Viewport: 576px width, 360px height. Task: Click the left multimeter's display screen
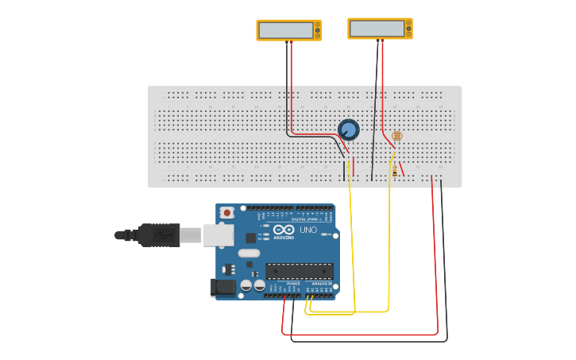point(285,30)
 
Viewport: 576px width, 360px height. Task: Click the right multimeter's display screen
point(377,29)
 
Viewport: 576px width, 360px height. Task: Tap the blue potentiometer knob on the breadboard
point(348,130)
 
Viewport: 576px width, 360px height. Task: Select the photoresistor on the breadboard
point(396,137)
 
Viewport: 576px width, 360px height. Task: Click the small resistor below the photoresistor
point(395,169)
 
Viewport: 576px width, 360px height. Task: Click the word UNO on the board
point(308,230)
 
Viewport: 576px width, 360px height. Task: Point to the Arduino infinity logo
point(283,230)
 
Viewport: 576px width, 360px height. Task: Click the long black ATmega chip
point(299,271)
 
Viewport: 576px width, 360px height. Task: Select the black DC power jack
point(222,288)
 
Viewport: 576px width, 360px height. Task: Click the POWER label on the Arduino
point(293,284)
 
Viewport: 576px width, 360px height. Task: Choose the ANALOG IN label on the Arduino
point(321,284)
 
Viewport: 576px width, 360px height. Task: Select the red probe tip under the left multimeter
point(291,44)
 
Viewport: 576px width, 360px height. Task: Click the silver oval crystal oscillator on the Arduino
point(248,254)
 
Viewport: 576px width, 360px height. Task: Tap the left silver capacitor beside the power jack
point(246,285)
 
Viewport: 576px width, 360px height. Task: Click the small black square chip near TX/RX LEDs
point(250,237)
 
